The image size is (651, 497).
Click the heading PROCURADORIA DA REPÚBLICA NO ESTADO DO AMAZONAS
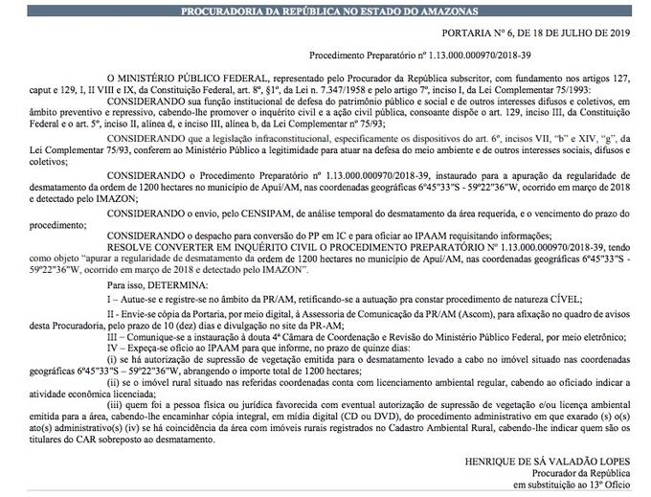pos(325,9)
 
